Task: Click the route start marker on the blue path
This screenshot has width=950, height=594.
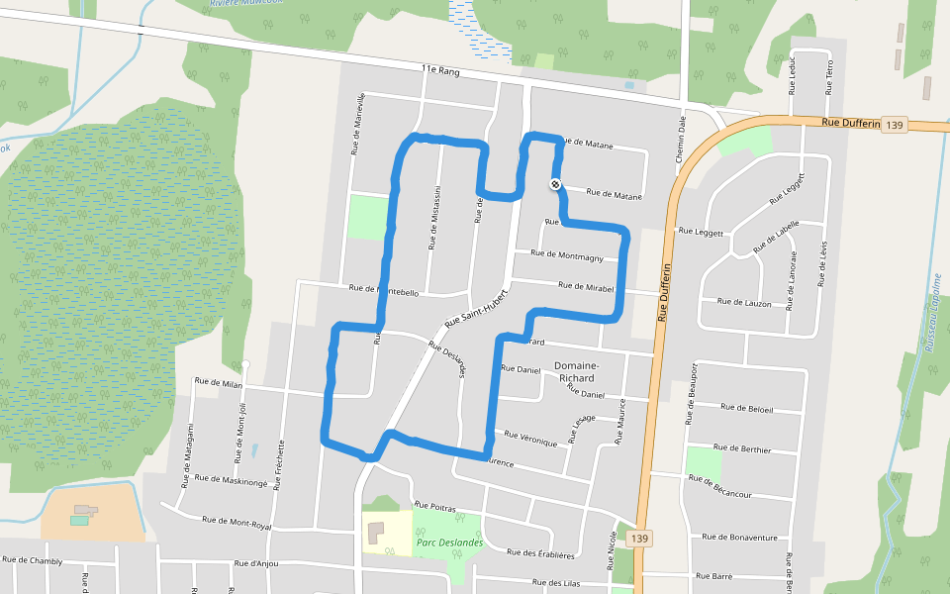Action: pos(555,183)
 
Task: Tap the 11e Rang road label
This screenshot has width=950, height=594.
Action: pos(441,71)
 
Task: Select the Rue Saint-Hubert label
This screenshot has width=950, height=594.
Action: pos(476,309)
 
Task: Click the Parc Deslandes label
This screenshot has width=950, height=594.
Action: pos(449,542)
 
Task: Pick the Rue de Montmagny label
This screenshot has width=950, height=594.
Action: pos(567,254)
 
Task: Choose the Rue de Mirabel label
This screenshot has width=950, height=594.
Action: pos(587,287)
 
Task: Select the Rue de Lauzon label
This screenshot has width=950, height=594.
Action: pos(743,301)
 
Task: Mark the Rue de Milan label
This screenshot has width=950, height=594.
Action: pos(219,382)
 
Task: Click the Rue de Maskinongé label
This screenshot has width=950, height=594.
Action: pos(232,479)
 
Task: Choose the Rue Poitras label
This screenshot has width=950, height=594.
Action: pos(434,507)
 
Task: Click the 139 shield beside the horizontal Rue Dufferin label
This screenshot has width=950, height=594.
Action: pos(895,125)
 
